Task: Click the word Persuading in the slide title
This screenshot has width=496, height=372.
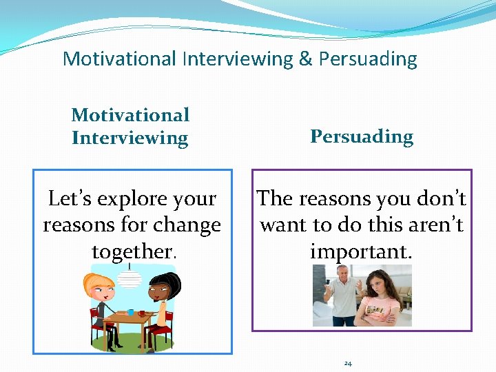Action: [x=368, y=59]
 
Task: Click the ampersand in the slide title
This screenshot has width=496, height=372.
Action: [x=305, y=59]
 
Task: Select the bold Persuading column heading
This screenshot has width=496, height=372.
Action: [x=362, y=136]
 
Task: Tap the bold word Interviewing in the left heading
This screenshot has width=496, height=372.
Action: [x=130, y=138]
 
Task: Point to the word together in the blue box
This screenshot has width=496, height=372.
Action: [x=131, y=251]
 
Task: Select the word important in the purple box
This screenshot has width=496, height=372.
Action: [x=361, y=251]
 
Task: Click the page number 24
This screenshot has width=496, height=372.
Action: [x=348, y=363]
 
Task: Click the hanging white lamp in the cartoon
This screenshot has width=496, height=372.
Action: [x=130, y=278]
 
